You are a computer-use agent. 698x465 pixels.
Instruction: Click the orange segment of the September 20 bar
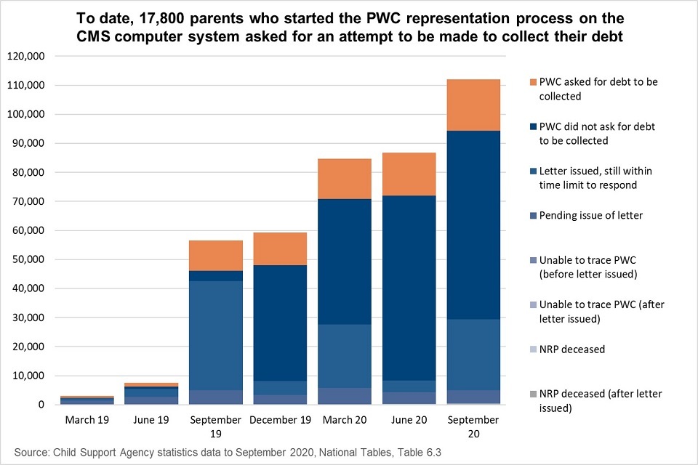pos(473,105)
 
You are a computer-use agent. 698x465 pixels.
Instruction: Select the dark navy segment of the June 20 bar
pos(409,288)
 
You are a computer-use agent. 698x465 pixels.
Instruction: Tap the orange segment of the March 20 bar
pos(345,179)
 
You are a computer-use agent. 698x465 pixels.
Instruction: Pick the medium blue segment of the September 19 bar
pos(216,336)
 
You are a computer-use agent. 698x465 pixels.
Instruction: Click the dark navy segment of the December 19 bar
pos(280,323)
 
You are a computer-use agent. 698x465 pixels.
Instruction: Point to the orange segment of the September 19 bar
pos(216,256)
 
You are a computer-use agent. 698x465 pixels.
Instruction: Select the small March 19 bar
pos(87,400)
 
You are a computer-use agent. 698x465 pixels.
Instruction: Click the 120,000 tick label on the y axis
pos(26,56)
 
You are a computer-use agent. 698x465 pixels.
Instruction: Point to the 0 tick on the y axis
pos(41,405)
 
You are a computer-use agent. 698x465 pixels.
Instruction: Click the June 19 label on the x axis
pos(151,420)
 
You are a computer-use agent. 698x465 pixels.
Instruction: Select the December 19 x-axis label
pos(280,420)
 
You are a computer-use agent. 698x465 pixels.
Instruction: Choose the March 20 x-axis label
pos(345,420)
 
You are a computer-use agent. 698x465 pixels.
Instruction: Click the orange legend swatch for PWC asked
pos(533,82)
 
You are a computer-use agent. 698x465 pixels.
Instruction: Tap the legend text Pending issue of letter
pos(590,215)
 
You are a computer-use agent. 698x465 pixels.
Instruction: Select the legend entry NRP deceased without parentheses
pos(572,349)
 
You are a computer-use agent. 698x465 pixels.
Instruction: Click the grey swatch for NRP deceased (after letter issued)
pos(533,395)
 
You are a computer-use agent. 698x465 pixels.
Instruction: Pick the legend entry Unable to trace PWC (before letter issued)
pos(588,267)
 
